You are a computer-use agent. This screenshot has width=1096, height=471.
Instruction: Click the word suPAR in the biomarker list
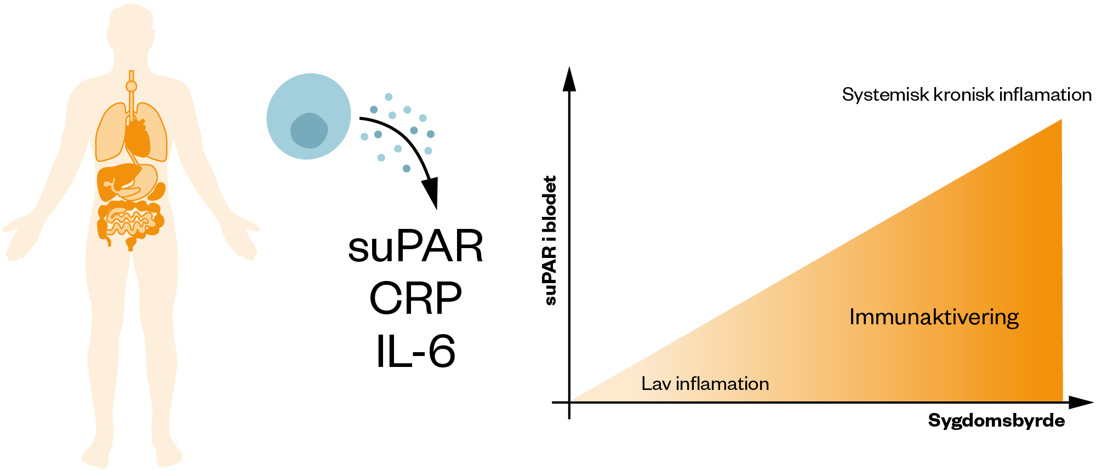pos(415,247)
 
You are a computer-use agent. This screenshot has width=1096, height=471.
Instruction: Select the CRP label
pos(415,299)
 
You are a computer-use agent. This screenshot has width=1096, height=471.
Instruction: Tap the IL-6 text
pos(415,351)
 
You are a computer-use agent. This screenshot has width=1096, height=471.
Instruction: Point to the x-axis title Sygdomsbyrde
pos(996,421)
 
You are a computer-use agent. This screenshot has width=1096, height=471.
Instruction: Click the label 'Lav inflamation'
pos(705,383)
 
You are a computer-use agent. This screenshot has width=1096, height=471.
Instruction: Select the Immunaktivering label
pos(934,317)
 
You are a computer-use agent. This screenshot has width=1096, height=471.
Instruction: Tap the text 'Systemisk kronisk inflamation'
pos(967,95)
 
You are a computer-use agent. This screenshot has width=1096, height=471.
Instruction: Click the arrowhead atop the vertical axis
pos(569,79)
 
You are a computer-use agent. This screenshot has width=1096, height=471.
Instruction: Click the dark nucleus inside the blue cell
pos(309,130)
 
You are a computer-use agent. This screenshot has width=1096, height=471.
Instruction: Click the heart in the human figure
pos(138,137)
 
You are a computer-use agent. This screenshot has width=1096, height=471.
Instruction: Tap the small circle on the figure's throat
pos(131,87)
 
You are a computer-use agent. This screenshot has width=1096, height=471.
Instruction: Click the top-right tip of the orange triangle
pos(1061,120)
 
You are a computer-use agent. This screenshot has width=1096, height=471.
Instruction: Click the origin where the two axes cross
pos(569,403)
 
